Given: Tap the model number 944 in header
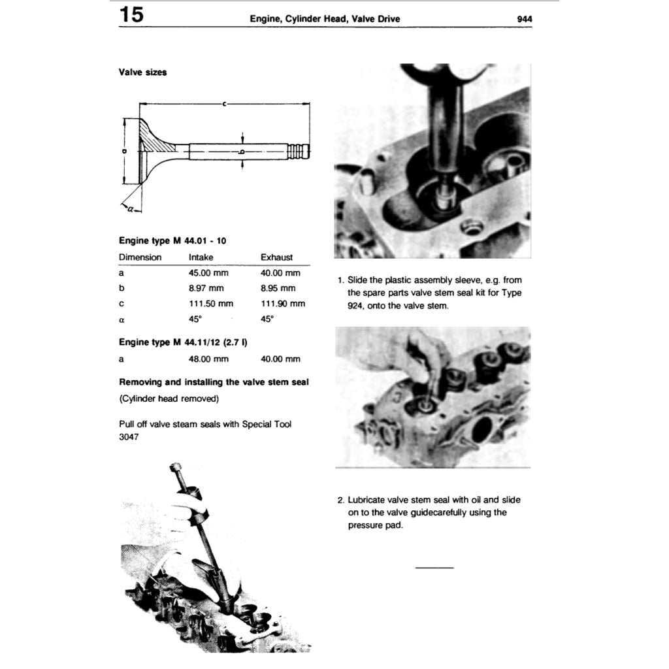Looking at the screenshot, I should pos(524,19).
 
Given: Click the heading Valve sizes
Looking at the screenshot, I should pos(142,73).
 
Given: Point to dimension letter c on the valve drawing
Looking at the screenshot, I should pos(224,103).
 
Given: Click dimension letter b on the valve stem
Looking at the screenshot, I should pos(242,151).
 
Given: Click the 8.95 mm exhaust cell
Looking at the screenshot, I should pos(278,288).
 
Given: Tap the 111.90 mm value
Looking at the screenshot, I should pos(282,304).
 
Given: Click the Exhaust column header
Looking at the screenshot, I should pos(276,257).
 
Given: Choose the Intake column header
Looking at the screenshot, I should pos(201,257).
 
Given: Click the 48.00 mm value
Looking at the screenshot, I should pos(208,359).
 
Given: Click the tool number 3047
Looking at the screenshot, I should pos(129,436).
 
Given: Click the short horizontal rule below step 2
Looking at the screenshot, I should pos(434,567).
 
